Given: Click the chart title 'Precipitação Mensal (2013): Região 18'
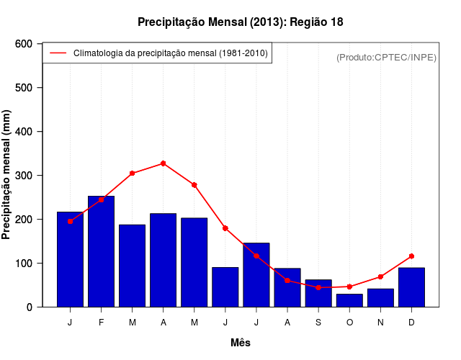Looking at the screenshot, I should tap(241, 22).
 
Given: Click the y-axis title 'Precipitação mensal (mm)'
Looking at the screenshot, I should tap(7, 175).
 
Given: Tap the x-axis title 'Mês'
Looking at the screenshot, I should tap(241, 343).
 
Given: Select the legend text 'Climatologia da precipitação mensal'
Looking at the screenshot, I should tap(170, 53).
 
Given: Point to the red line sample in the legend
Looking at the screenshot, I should tap(58, 53).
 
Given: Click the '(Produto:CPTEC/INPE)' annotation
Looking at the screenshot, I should tap(386, 57).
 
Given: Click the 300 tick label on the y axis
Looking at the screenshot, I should tap(24, 176).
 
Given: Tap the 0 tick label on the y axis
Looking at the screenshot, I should tap(29, 307).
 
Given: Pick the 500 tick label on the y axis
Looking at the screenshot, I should tap(24, 88).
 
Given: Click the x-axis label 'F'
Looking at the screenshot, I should tap(102, 323).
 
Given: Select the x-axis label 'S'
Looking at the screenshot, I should tap(318, 323).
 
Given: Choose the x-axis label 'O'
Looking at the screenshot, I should tap(349, 323).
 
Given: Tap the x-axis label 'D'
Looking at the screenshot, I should tap(411, 323).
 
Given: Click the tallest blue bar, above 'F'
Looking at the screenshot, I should tap(102, 251).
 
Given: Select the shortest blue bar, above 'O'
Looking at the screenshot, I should tap(349, 300).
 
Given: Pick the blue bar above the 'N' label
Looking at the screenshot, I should tap(380, 297).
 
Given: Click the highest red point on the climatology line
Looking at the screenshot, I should tap(164, 163).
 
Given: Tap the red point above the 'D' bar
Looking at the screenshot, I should tap(411, 256).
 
